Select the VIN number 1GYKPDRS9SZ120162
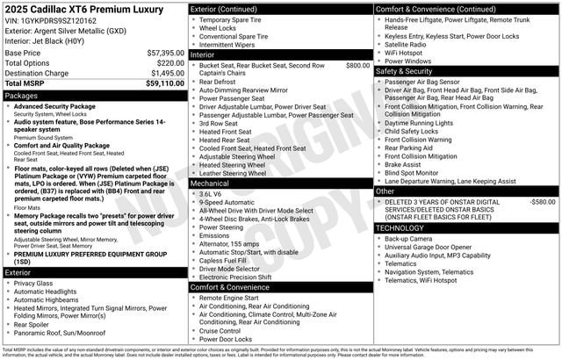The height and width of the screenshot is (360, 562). tap(61, 21)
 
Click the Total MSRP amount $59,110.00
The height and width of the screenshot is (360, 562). tap(164, 84)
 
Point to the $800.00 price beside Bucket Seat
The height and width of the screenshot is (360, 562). tap(357, 65)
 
